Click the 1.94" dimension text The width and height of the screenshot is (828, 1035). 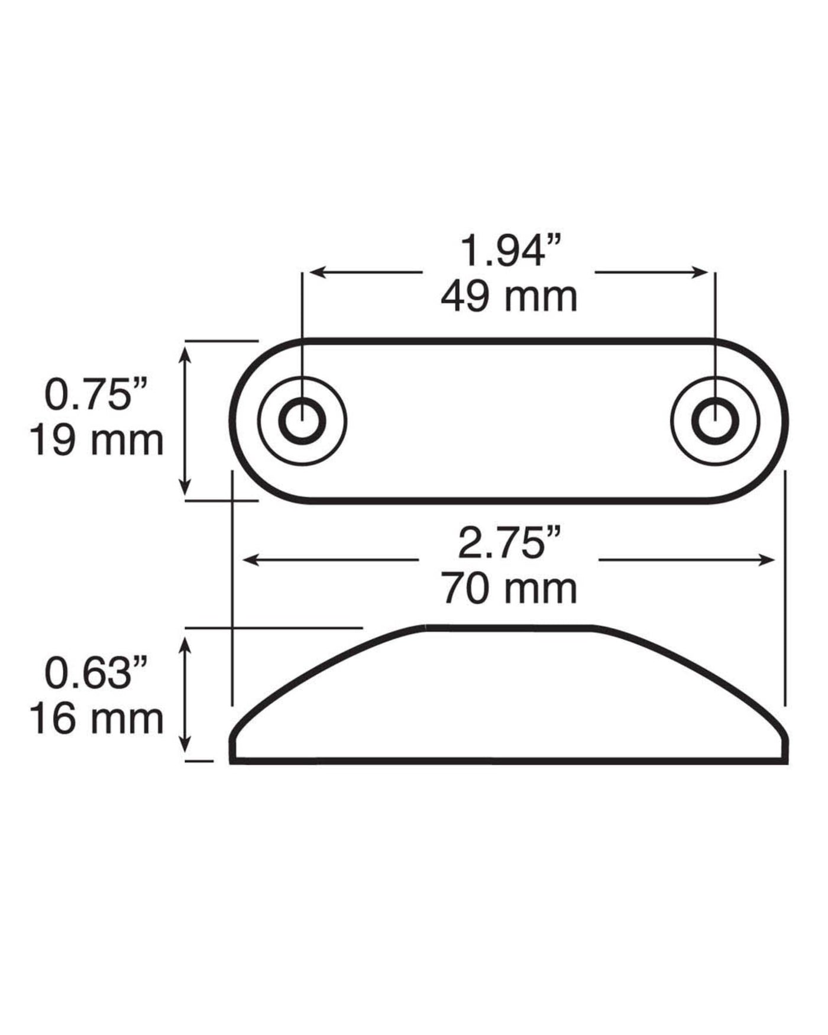point(509,250)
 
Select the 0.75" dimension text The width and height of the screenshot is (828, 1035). point(96,394)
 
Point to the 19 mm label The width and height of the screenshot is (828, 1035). point(97,441)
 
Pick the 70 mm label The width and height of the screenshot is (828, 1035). point(509,589)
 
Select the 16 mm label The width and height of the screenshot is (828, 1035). point(97,719)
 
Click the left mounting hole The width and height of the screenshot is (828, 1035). point(302,421)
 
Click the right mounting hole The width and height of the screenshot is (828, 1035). point(715,421)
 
